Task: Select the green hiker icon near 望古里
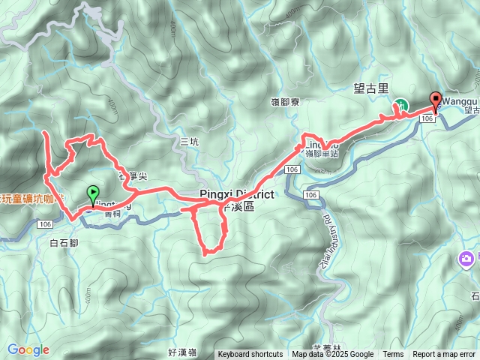(x=400, y=105)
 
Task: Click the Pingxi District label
(x=236, y=194)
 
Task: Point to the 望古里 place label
(x=370, y=88)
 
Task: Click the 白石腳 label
(x=62, y=243)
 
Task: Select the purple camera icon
(x=466, y=259)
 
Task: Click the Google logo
(x=28, y=349)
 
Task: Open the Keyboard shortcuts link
(x=250, y=355)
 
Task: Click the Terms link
(x=393, y=355)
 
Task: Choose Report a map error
(x=444, y=355)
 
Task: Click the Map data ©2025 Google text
(x=332, y=355)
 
